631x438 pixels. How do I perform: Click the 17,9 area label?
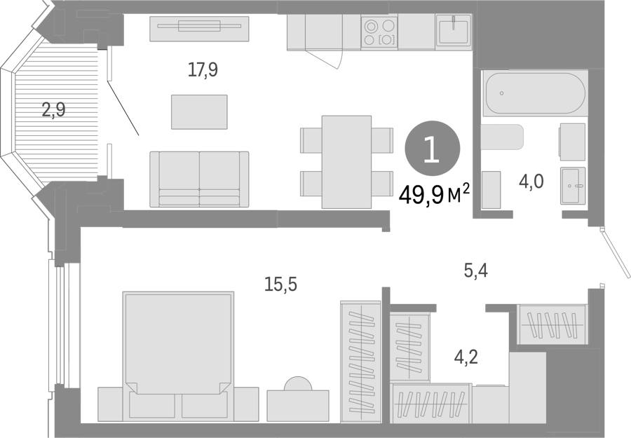click(x=203, y=69)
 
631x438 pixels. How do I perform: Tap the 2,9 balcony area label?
click(x=53, y=109)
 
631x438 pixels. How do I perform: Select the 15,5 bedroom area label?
click(x=280, y=285)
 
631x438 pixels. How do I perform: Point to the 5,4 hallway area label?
click(x=475, y=271)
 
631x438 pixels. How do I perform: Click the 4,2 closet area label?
click(x=466, y=356)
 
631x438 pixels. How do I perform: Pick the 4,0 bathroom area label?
click(x=531, y=182)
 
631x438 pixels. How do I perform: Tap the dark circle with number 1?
click(x=432, y=148)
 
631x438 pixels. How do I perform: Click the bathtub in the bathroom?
click(x=535, y=93)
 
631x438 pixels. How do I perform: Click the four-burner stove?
click(x=379, y=32)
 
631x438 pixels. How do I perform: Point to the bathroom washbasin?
click(x=573, y=186)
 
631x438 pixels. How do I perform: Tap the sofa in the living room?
click(x=199, y=179)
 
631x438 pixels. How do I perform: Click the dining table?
click(x=346, y=162)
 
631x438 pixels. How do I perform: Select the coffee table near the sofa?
click(x=199, y=112)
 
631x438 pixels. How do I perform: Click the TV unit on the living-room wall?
click(x=199, y=29)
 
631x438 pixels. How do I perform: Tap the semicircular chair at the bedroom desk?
click(x=298, y=383)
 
